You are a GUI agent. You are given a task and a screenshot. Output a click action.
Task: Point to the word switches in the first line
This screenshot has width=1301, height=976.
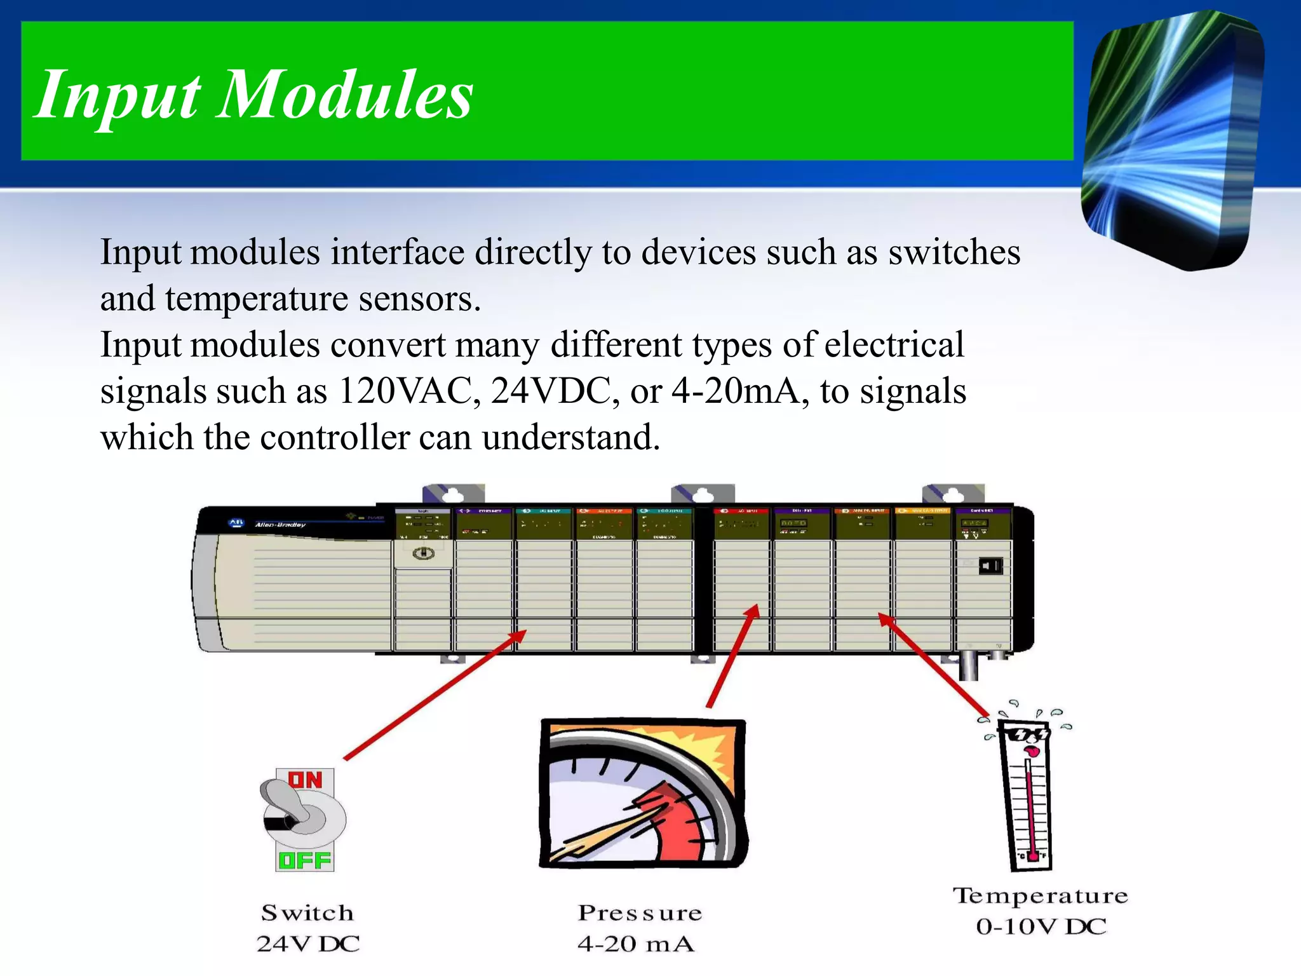click(954, 252)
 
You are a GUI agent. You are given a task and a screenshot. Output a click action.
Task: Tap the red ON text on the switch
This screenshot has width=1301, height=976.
click(306, 780)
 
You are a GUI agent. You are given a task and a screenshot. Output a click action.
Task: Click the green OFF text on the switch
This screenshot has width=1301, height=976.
click(306, 861)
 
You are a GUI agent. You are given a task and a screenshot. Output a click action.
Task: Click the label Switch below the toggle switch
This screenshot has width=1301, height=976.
click(307, 913)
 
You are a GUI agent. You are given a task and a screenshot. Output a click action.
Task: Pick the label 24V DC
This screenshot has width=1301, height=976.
click(308, 944)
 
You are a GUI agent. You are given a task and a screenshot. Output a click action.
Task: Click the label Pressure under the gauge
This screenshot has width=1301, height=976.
click(640, 913)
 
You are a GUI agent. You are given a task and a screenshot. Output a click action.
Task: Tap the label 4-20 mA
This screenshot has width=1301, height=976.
click(636, 944)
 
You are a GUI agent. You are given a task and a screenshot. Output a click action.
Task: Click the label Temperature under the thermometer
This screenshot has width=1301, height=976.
click(1041, 896)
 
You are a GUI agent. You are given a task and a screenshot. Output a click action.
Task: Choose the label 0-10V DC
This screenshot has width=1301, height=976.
click(1041, 926)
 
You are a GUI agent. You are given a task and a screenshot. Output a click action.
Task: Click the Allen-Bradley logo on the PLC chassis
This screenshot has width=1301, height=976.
click(236, 523)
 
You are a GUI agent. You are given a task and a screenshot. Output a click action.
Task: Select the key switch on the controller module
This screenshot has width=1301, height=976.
click(424, 553)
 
